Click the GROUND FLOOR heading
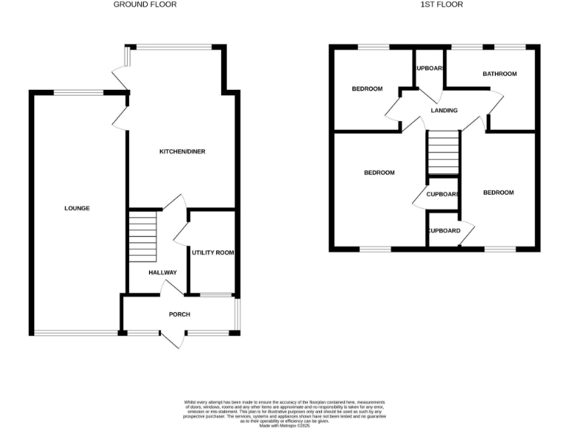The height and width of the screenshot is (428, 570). click(x=145, y=4)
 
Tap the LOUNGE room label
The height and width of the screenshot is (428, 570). click(x=76, y=208)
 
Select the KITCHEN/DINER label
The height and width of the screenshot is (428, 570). click(x=182, y=152)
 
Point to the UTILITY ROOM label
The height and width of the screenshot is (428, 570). click(x=213, y=253)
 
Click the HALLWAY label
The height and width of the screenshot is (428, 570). click(x=163, y=273)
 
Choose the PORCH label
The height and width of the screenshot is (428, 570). click(x=179, y=314)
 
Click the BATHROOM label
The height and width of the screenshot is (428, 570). click(x=499, y=74)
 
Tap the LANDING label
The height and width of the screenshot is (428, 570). click(x=444, y=111)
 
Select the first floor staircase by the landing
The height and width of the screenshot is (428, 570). click(x=443, y=153)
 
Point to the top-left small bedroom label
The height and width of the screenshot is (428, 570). click(x=367, y=89)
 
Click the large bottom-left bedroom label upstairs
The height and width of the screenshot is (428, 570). click(x=379, y=172)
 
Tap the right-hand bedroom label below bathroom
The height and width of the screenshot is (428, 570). click(x=498, y=192)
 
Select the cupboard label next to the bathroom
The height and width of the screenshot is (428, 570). click(x=429, y=68)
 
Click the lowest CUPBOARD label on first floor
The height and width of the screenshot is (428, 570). click(x=444, y=230)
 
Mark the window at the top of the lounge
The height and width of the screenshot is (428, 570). click(x=79, y=93)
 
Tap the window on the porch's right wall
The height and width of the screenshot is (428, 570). click(x=237, y=313)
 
